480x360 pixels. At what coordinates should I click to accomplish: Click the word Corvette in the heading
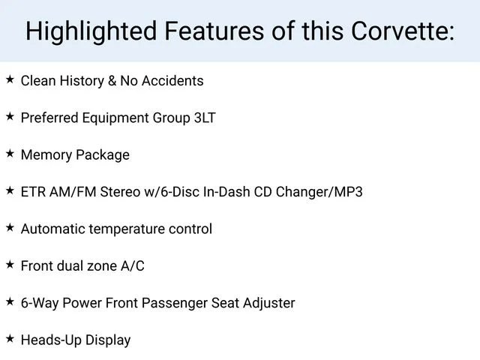[403, 31]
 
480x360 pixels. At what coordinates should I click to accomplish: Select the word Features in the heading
[214, 31]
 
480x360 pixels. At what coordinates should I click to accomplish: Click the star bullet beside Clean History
[10, 79]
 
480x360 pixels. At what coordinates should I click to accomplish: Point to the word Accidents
[172, 81]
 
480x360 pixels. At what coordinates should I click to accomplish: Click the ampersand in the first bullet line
[112, 81]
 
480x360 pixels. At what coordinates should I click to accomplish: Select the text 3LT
[205, 118]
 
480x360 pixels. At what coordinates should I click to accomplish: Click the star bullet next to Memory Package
[10, 153]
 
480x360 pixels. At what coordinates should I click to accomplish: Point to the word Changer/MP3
[319, 193]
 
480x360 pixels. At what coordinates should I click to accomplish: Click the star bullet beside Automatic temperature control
[10, 227]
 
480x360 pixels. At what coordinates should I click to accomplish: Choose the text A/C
[133, 265]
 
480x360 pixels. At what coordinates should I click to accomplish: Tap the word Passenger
[174, 304]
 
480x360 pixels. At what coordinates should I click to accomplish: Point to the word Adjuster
[269, 304]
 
